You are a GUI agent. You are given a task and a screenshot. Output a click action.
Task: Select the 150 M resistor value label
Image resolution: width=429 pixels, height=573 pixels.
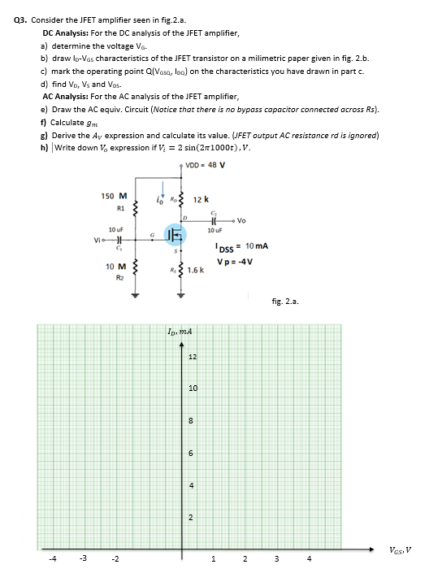point(114,196)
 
